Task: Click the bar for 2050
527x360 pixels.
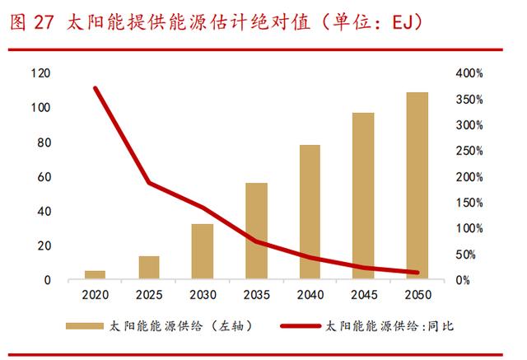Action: pos(417,186)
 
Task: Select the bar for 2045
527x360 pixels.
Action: pos(363,196)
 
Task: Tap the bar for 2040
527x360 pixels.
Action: pos(310,213)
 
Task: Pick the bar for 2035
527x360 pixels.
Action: pos(256,231)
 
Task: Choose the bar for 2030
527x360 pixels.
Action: pos(203,251)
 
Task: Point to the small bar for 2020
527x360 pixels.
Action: pos(96,275)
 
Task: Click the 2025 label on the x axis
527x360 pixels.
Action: pos(149,294)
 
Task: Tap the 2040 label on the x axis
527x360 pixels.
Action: pos(310,294)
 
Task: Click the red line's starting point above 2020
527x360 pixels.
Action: pos(96,88)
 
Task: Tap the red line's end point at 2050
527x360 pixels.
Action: pos(417,273)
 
